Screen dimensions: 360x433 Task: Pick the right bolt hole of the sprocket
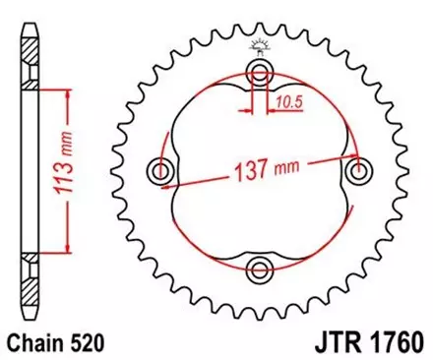357,170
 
